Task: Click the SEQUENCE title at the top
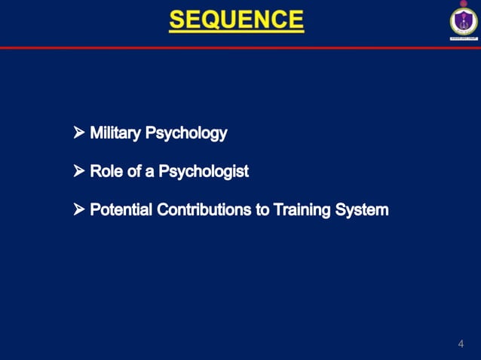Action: (x=237, y=20)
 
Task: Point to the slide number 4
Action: (x=461, y=344)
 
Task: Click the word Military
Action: (x=115, y=133)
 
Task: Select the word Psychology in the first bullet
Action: (x=185, y=134)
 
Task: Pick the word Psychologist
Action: (x=203, y=172)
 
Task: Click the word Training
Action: (x=303, y=210)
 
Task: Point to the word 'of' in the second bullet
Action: (x=133, y=172)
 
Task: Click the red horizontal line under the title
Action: (x=226, y=47)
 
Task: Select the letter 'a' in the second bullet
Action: (x=150, y=172)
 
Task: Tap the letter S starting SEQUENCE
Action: (x=179, y=20)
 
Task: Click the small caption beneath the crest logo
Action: (x=464, y=38)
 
